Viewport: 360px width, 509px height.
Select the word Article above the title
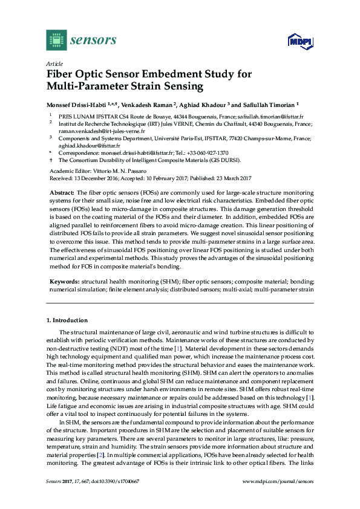point(54,63)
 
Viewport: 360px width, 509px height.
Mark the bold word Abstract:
point(61,191)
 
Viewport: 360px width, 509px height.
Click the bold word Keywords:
point(64,282)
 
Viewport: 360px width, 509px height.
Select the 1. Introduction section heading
point(67,320)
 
